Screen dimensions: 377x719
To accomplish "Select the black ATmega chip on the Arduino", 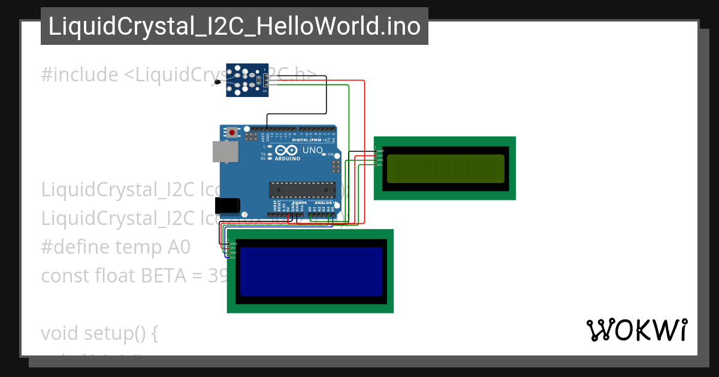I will pos(303,189).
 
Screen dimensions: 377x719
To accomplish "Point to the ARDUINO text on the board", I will pos(289,159).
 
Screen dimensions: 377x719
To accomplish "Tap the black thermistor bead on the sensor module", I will pos(217,81).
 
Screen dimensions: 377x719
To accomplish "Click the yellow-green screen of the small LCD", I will pos(445,168).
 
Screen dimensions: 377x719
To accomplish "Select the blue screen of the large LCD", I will pos(311,272).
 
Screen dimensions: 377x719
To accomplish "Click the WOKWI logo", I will pos(636,330).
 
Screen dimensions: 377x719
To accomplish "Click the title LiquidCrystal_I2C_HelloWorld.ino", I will pos(234,26).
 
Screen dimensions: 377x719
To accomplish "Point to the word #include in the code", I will pos(80,75).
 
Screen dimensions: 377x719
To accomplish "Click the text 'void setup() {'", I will pos(99,333).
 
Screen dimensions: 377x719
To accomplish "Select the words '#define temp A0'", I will pos(116,247).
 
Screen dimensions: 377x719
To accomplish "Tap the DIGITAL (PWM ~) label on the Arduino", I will pos(317,140).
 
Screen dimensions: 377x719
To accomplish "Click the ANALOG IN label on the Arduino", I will pos(324,203).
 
